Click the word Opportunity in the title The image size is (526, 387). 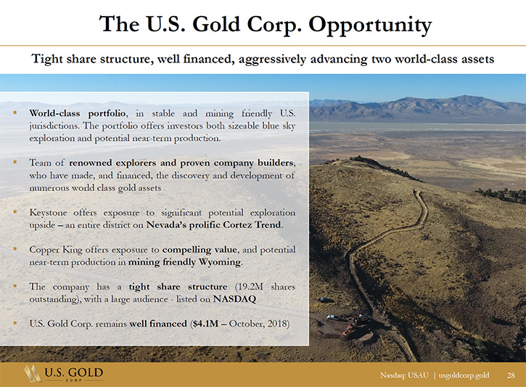(370, 25)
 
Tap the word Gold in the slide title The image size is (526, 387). (215, 24)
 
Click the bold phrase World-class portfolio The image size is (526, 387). (78, 113)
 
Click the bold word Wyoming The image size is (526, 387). (220, 262)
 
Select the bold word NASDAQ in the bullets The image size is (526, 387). (234, 298)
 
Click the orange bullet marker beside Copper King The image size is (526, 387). (15, 249)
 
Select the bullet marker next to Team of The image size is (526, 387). (15, 162)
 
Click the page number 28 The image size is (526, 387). (511, 375)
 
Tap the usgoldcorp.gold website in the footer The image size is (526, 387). (464, 375)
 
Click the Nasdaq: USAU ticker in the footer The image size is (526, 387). (404, 375)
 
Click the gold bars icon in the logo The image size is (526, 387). (33, 373)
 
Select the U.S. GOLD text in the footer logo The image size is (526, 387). (73, 372)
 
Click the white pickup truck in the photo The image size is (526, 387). (332, 317)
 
